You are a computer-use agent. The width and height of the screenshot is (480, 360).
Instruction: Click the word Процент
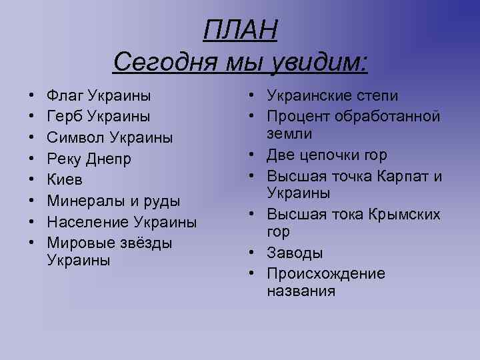(299, 117)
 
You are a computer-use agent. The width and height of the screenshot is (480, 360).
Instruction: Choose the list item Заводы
(295, 253)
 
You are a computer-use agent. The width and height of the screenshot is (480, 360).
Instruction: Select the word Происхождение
(326, 274)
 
